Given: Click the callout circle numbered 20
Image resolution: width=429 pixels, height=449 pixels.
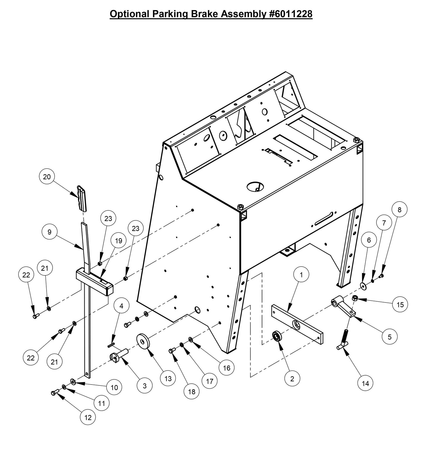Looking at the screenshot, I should pyautogui.click(x=47, y=177).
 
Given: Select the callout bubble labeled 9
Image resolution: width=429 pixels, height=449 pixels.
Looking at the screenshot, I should pyautogui.click(x=50, y=232).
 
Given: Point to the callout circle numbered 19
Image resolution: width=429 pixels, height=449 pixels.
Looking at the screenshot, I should pyautogui.click(x=118, y=241).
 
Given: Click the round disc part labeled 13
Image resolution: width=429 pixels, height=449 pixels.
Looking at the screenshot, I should pyautogui.click(x=143, y=343).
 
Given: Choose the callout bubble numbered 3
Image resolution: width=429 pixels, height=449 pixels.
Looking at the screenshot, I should pyautogui.click(x=145, y=386).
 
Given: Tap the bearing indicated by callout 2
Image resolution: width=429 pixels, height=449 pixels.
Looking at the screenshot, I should pyautogui.click(x=278, y=337).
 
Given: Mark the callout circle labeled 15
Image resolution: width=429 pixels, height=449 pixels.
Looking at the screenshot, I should pyautogui.click(x=400, y=305).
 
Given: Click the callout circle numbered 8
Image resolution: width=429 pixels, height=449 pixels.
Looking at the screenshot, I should pyautogui.click(x=399, y=210).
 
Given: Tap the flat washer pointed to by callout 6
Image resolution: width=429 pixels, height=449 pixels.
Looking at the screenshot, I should pyautogui.click(x=363, y=286).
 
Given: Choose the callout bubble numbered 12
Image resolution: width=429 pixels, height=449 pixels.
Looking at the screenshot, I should pyautogui.click(x=88, y=417).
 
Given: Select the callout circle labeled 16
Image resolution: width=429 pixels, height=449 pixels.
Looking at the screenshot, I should pyautogui.click(x=227, y=368).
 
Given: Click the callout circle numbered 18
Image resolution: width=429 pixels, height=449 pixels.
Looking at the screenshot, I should pyautogui.click(x=192, y=392).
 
